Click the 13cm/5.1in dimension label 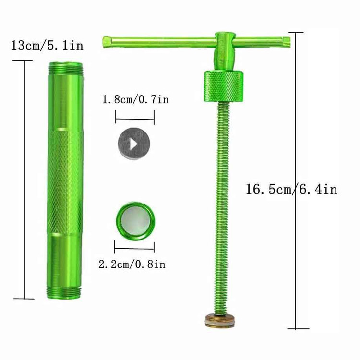[x=48, y=46]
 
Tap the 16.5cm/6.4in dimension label [x=291, y=190]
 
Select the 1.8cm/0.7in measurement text [x=135, y=100]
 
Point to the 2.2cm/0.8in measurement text [x=132, y=264]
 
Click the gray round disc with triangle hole [x=134, y=144]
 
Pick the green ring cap [x=135, y=221]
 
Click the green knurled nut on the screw [x=223, y=86]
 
